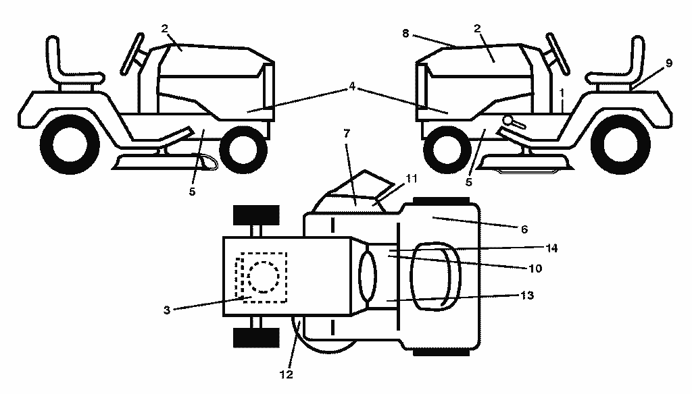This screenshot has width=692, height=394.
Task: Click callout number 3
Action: click(x=166, y=310)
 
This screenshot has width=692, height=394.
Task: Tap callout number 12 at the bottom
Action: click(x=286, y=374)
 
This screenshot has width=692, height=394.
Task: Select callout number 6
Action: click(x=524, y=229)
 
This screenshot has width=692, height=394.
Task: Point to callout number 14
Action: click(x=551, y=248)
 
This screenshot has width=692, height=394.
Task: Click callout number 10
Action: click(x=535, y=269)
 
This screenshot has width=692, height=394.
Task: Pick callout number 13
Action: click(x=527, y=295)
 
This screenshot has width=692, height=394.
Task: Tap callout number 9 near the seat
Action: click(x=669, y=63)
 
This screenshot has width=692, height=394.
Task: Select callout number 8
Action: click(x=405, y=34)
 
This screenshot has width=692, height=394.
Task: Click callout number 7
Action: click(x=347, y=133)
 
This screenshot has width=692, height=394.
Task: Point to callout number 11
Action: click(x=411, y=179)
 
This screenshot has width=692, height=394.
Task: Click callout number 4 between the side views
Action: click(x=351, y=86)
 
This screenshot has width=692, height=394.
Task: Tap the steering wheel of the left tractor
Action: click(x=132, y=53)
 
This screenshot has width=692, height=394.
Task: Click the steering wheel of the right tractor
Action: click(x=558, y=53)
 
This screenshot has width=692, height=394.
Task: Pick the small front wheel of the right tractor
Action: click(x=447, y=148)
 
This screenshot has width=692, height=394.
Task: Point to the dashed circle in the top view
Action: click(x=264, y=277)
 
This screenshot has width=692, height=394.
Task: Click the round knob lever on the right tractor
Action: click(x=514, y=122)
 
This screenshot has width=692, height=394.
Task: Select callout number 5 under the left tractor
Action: click(x=192, y=192)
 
